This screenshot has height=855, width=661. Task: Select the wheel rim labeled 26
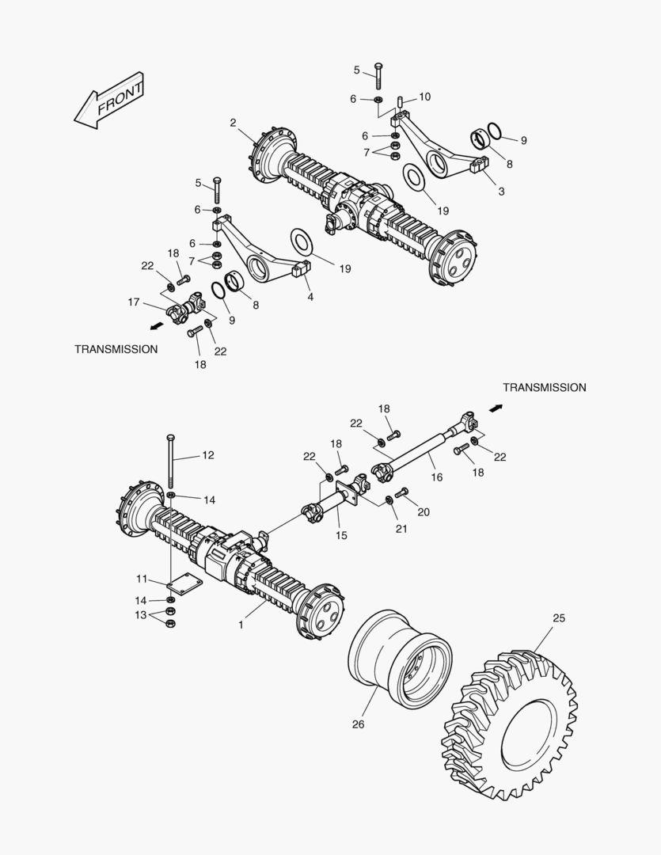399,659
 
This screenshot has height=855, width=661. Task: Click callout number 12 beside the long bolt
208,455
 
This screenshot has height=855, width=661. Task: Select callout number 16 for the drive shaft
437,477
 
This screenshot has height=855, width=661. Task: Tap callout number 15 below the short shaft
341,536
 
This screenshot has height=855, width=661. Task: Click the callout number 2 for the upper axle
234,123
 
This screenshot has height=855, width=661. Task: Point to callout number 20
424,512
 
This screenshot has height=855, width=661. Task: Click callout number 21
401,529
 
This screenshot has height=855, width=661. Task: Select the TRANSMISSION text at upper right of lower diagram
545,387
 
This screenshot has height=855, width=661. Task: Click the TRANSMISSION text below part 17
116,349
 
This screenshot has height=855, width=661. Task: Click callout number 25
559,617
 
